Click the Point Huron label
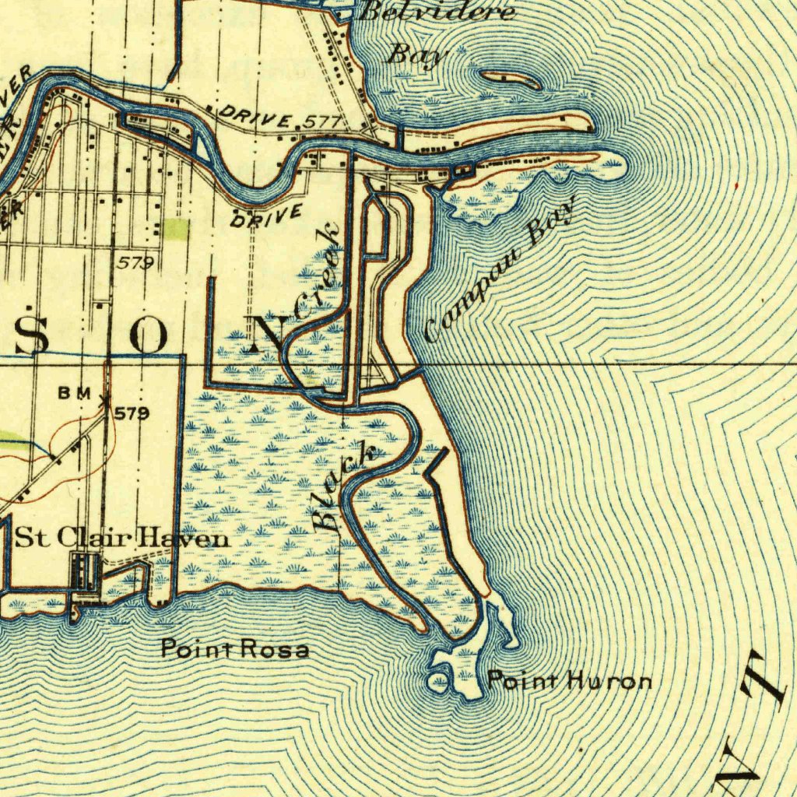tap(569, 683)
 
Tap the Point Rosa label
tap(235, 648)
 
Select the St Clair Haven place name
tap(122, 538)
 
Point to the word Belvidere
tap(437, 12)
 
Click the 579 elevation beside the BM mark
tap(132, 413)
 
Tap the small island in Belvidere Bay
tap(511, 79)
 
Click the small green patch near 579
tap(175, 228)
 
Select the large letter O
tap(148, 337)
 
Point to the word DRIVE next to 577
tap(256, 117)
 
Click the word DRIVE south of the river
tap(265, 216)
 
